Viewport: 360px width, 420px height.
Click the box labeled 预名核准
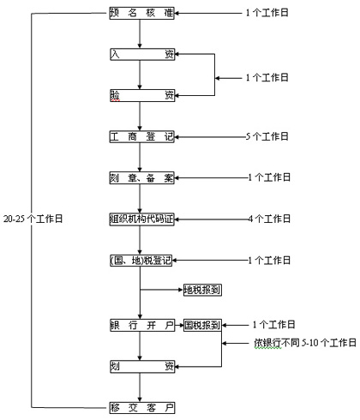[x=142, y=13]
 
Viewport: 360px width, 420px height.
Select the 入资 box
[x=142, y=54]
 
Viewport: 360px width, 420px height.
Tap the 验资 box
[x=142, y=95]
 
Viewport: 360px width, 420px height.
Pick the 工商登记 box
[x=142, y=136]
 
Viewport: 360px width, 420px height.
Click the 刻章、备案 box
[x=142, y=177]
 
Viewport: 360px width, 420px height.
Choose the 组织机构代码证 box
[x=142, y=219]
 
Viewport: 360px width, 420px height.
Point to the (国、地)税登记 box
[x=141, y=261]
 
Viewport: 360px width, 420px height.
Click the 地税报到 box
[x=202, y=290]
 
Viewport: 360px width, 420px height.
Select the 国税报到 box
[x=202, y=325]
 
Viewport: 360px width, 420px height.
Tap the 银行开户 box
[x=142, y=325]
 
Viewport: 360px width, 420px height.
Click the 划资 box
[x=142, y=366]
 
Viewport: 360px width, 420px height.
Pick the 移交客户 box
[x=142, y=408]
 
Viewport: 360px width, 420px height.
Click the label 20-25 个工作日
[x=33, y=219]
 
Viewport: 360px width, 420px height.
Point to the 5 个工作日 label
[x=267, y=136]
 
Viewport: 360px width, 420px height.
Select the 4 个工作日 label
[x=269, y=219]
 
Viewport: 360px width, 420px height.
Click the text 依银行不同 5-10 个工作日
[x=305, y=343]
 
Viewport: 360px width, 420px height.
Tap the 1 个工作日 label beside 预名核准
[x=267, y=13]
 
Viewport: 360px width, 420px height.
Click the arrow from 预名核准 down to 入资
[x=140, y=33]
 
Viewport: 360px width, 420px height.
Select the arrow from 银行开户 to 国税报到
[x=179, y=325]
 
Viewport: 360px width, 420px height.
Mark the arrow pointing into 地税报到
[x=162, y=290]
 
